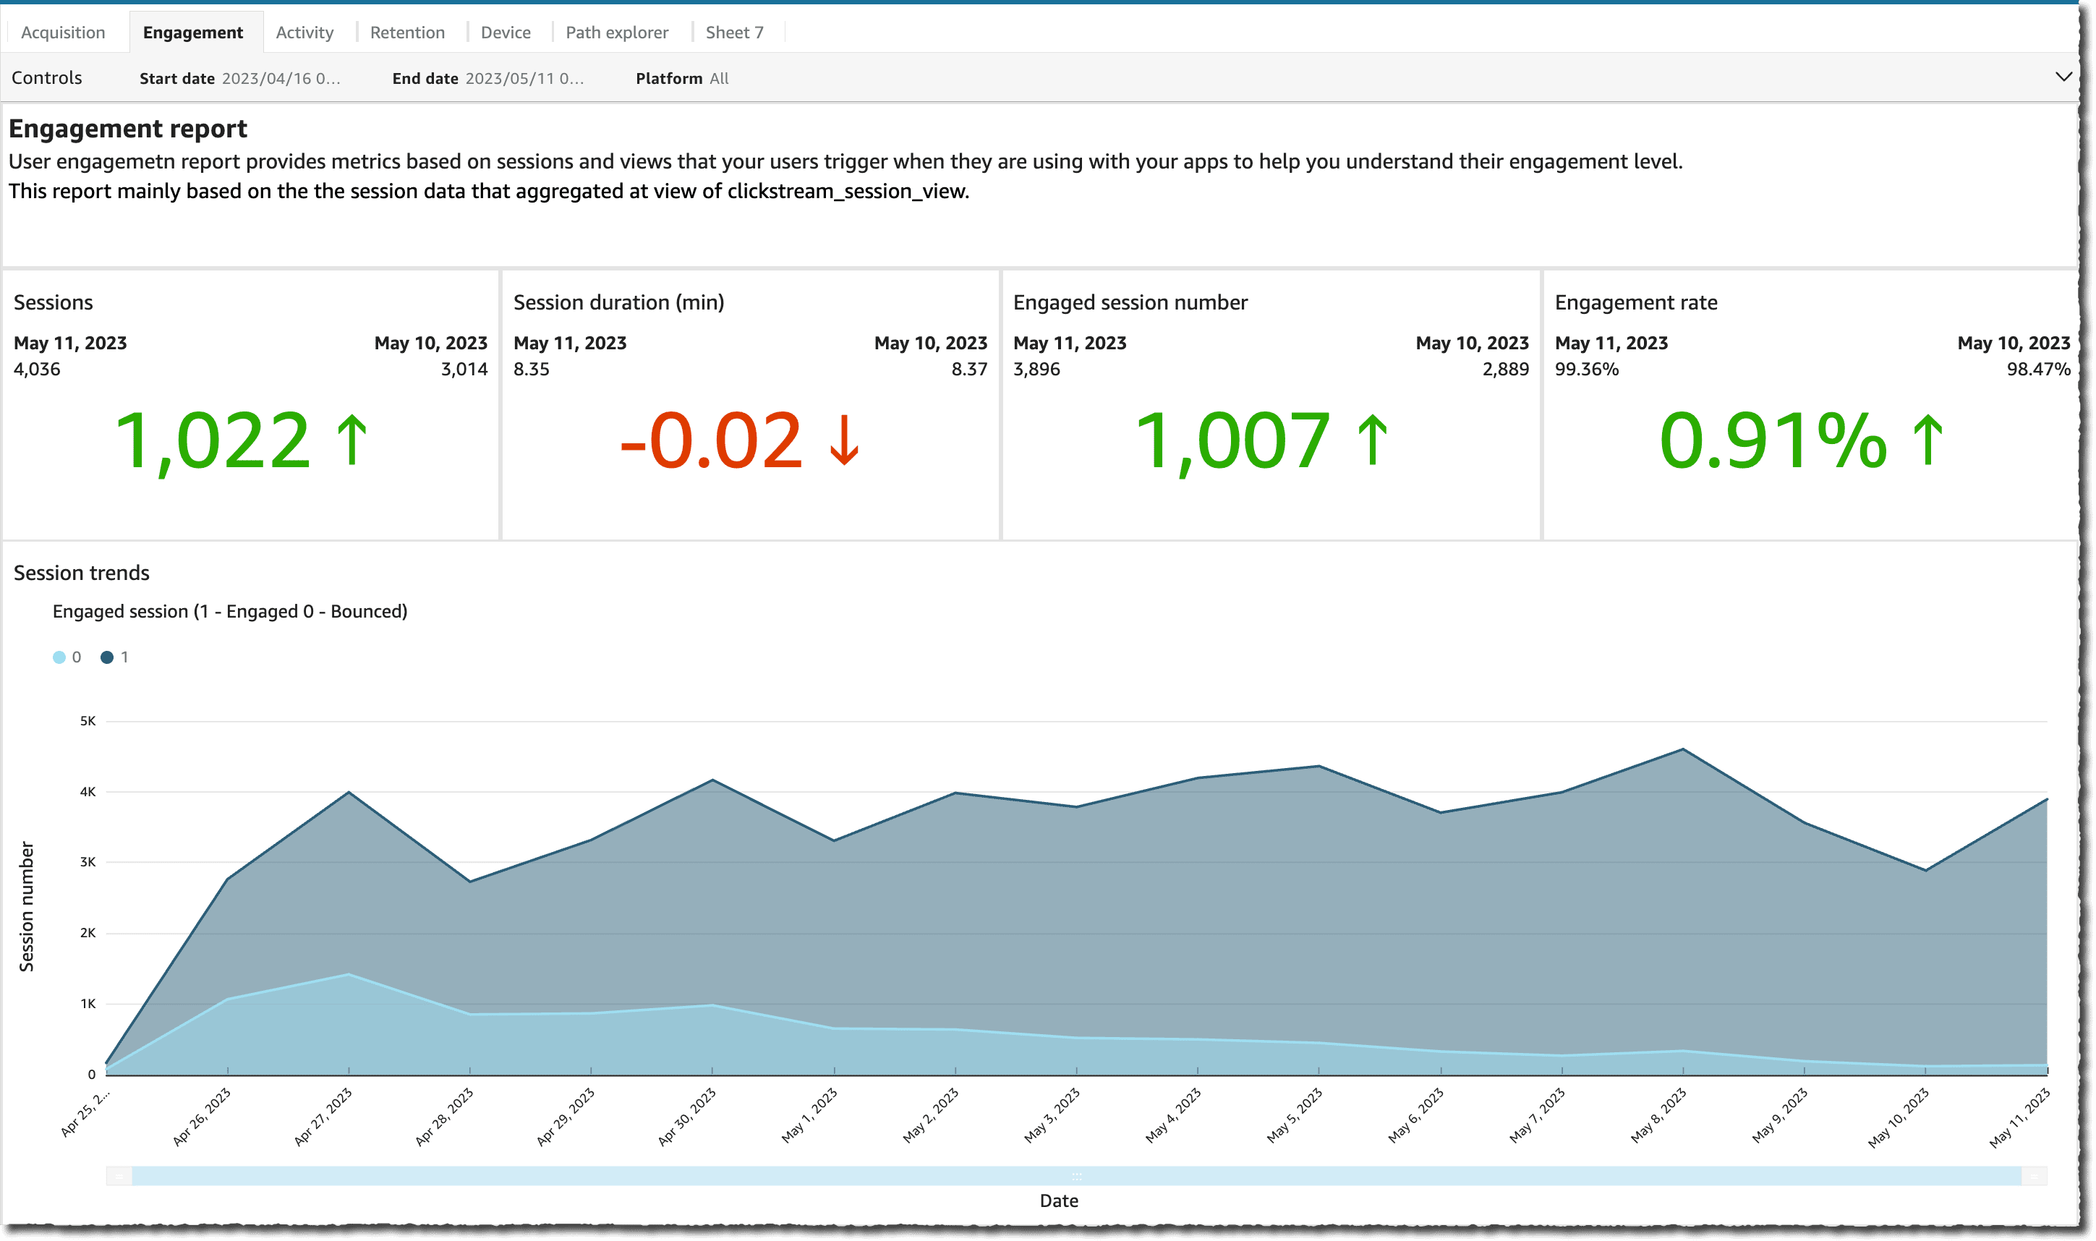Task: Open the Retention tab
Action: [407, 33]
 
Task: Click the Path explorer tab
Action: [616, 33]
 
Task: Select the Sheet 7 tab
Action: [734, 33]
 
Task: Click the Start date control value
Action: [280, 79]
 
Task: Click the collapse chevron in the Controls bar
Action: [2063, 77]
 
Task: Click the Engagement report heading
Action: [128, 129]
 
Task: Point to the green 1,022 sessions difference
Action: [213, 440]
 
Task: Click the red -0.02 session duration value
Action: [711, 440]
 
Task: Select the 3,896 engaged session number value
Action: [1036, 369]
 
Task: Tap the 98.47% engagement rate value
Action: [2037, 369]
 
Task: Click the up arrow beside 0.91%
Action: [1928, 440]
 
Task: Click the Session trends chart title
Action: [81, 573]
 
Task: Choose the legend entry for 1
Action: [114, 657]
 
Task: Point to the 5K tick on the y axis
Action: [88, 721]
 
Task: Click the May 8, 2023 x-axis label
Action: [1658, 1116]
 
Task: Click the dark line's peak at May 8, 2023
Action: [1682, 749]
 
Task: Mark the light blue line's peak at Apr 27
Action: [349, 974]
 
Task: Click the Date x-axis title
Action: [1058, 1201]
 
